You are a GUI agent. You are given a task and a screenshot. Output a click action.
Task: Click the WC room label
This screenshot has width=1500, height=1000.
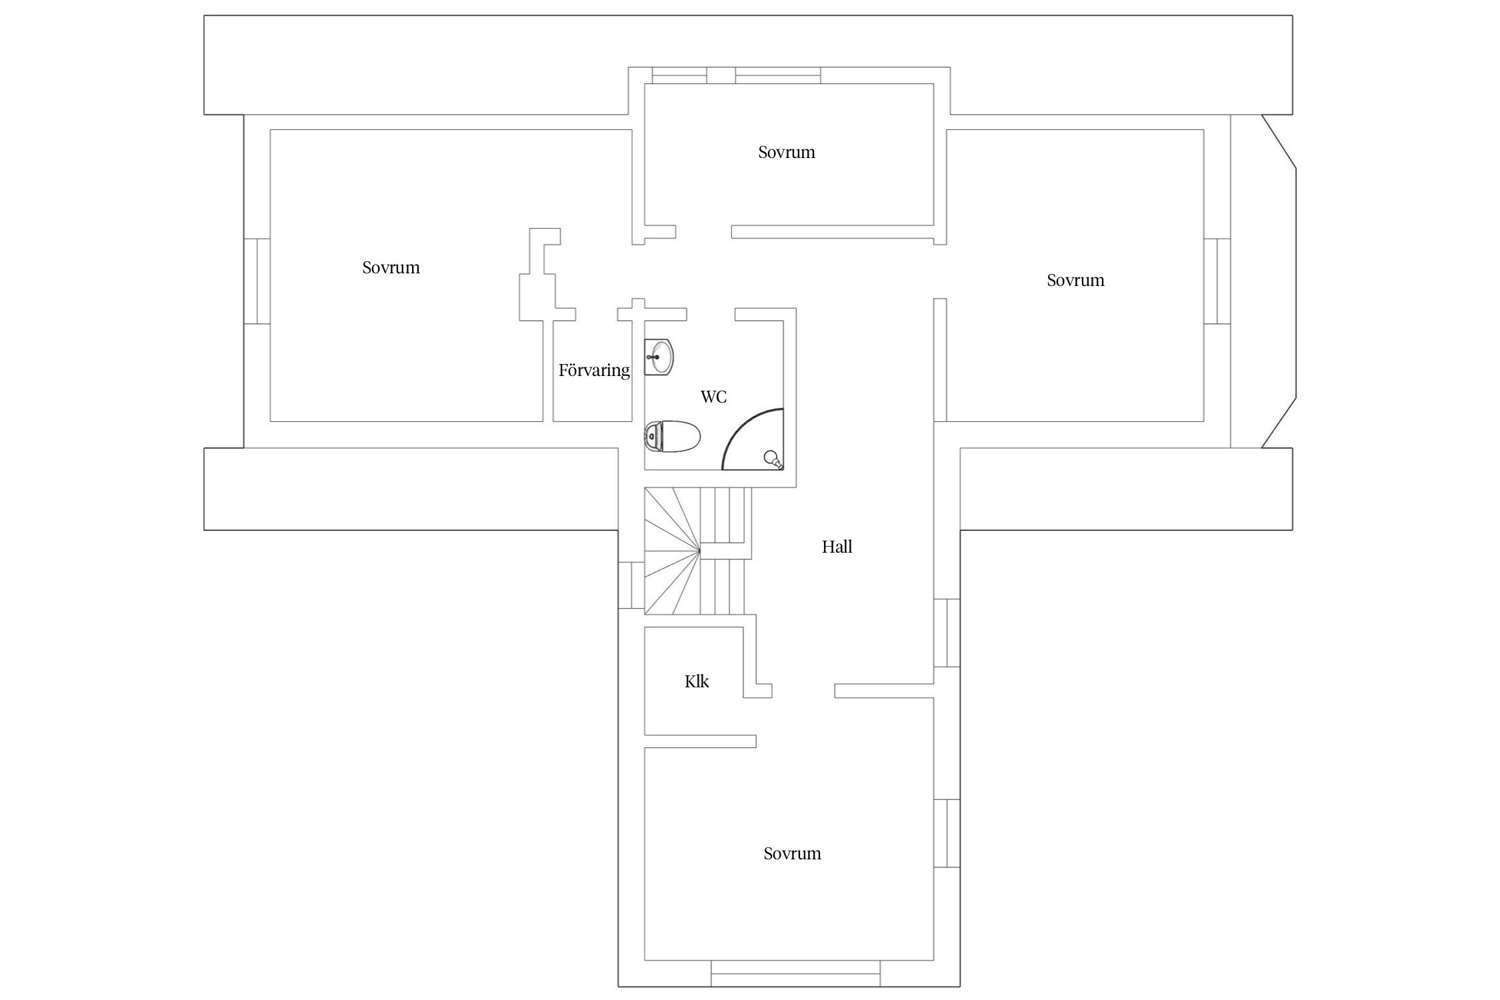tap(713, 397)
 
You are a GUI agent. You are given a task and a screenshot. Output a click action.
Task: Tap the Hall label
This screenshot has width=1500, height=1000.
tap(837, 547)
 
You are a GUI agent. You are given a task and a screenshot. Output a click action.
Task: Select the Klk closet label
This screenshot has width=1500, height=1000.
tap(697, 681)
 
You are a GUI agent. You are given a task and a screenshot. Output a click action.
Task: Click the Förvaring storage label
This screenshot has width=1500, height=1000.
tap(594, 370)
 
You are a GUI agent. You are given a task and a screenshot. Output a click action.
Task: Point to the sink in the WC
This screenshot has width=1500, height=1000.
tap(659, 357)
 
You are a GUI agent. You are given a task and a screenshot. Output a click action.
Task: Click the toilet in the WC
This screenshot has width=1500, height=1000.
tap(672, 437)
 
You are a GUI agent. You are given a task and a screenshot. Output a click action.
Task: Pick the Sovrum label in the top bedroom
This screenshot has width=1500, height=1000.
tap(787, 153)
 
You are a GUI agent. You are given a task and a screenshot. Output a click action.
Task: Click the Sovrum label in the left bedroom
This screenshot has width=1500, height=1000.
tap(391, 268)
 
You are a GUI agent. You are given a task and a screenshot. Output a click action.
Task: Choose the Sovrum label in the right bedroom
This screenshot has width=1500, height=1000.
tap(1075, 281)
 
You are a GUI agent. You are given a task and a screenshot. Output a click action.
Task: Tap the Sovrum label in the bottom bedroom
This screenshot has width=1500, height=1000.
tap(792, 854)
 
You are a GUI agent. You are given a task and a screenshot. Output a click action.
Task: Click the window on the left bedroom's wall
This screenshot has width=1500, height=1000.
tap(257, 281)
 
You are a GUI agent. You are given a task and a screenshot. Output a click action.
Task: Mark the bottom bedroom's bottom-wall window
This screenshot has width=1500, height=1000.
tap(795, 973)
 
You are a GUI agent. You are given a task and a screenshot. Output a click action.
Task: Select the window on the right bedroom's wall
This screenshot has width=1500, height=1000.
tap(1217, 281)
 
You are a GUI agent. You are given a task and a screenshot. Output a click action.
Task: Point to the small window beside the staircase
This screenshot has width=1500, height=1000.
tap(631, 585)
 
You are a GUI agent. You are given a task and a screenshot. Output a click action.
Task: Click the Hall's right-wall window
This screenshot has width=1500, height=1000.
tap(947, 633)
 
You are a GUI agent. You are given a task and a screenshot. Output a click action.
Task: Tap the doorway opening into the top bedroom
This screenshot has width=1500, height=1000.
tap(703, 231)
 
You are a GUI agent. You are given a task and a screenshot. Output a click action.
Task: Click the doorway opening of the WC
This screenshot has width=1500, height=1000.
tap(711, 315)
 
